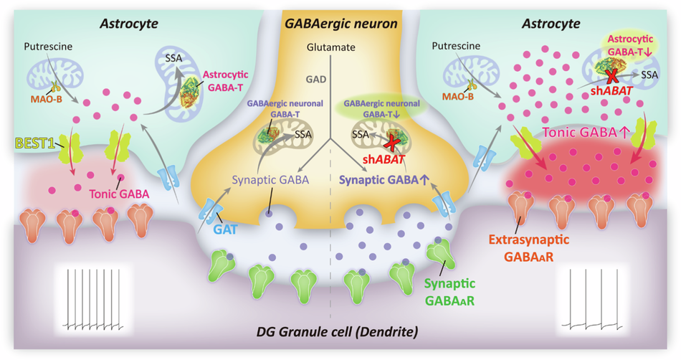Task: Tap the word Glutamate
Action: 330,47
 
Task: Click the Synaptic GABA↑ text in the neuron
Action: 387,180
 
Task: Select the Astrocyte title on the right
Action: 558,24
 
